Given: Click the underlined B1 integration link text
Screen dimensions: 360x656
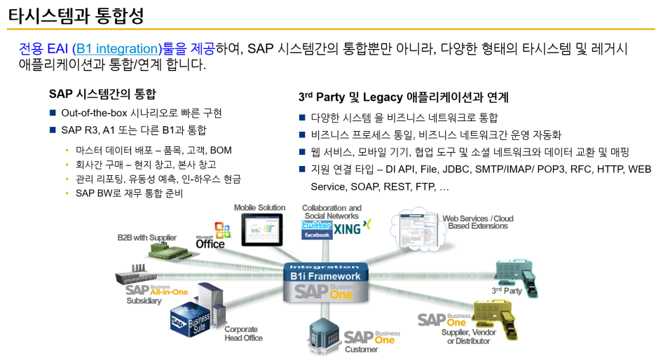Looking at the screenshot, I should click(118, 48).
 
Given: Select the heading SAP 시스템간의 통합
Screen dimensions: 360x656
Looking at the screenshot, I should click(102, 94).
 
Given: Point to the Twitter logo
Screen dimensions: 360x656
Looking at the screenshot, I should click(316, 226).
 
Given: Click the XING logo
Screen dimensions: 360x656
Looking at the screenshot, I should click(352, 228).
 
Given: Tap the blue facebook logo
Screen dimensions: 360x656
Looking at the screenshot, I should click(316, 235).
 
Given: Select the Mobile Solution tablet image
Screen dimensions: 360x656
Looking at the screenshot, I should click(261, 230).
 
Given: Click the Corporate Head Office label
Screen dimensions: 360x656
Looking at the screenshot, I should click(243, 333).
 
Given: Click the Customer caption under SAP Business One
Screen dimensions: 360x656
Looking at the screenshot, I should click(362, 349).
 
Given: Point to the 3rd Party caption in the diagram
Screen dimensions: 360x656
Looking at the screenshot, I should click(507, 291).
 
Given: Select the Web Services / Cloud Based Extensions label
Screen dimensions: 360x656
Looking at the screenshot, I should click(478, 222).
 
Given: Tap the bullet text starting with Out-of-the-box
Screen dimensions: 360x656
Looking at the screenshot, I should click(142, 113).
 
